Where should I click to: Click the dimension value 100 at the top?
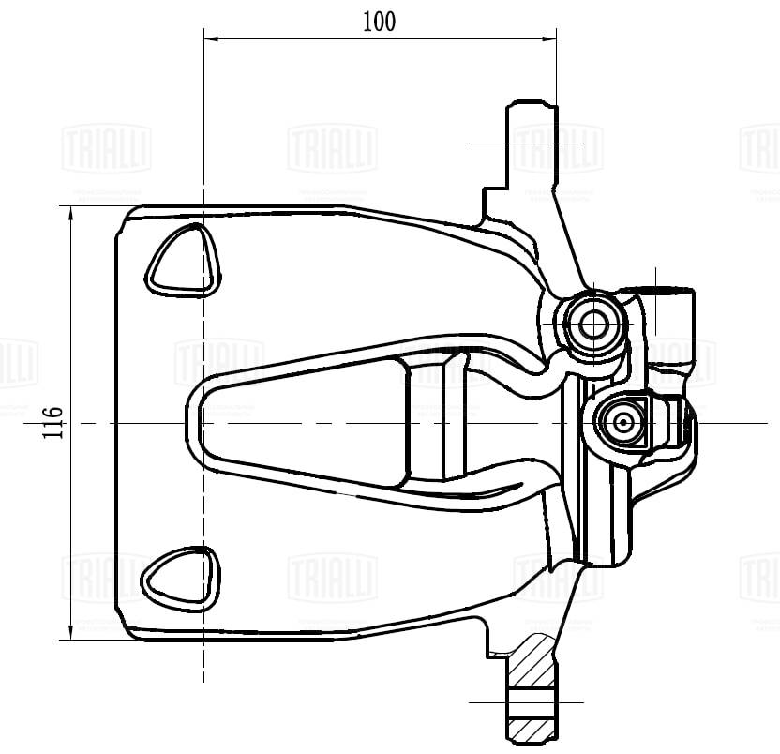coord(379,22)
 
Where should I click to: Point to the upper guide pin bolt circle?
coord(592,324)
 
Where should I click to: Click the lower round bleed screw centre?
coord(623,423)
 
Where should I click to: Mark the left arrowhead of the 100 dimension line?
coord(210,39)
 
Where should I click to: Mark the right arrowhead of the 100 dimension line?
coord(550,39)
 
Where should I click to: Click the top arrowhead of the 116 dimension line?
coord(72,211)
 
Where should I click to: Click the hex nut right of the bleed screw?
coord(671,424)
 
